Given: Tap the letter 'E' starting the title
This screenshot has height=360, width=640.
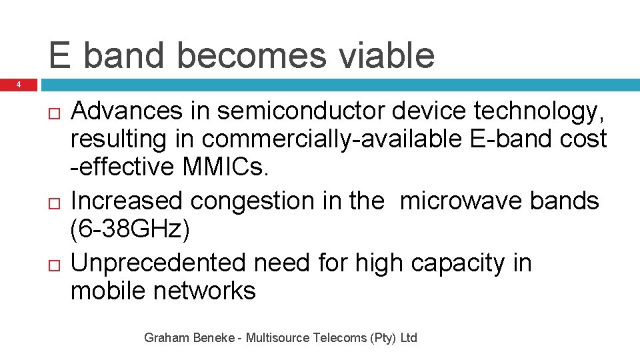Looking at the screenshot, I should [x=59, y=55].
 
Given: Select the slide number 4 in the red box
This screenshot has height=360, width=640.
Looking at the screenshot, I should [x=19, y=85].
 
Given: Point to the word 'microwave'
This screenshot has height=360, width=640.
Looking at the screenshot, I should [x=461, y=200].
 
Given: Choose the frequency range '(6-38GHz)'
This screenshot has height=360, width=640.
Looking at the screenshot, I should [x=131, y=230].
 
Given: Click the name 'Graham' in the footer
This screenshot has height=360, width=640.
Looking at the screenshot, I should [x=165, y=338].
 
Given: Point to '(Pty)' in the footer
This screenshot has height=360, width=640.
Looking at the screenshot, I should [x=384, y=338].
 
